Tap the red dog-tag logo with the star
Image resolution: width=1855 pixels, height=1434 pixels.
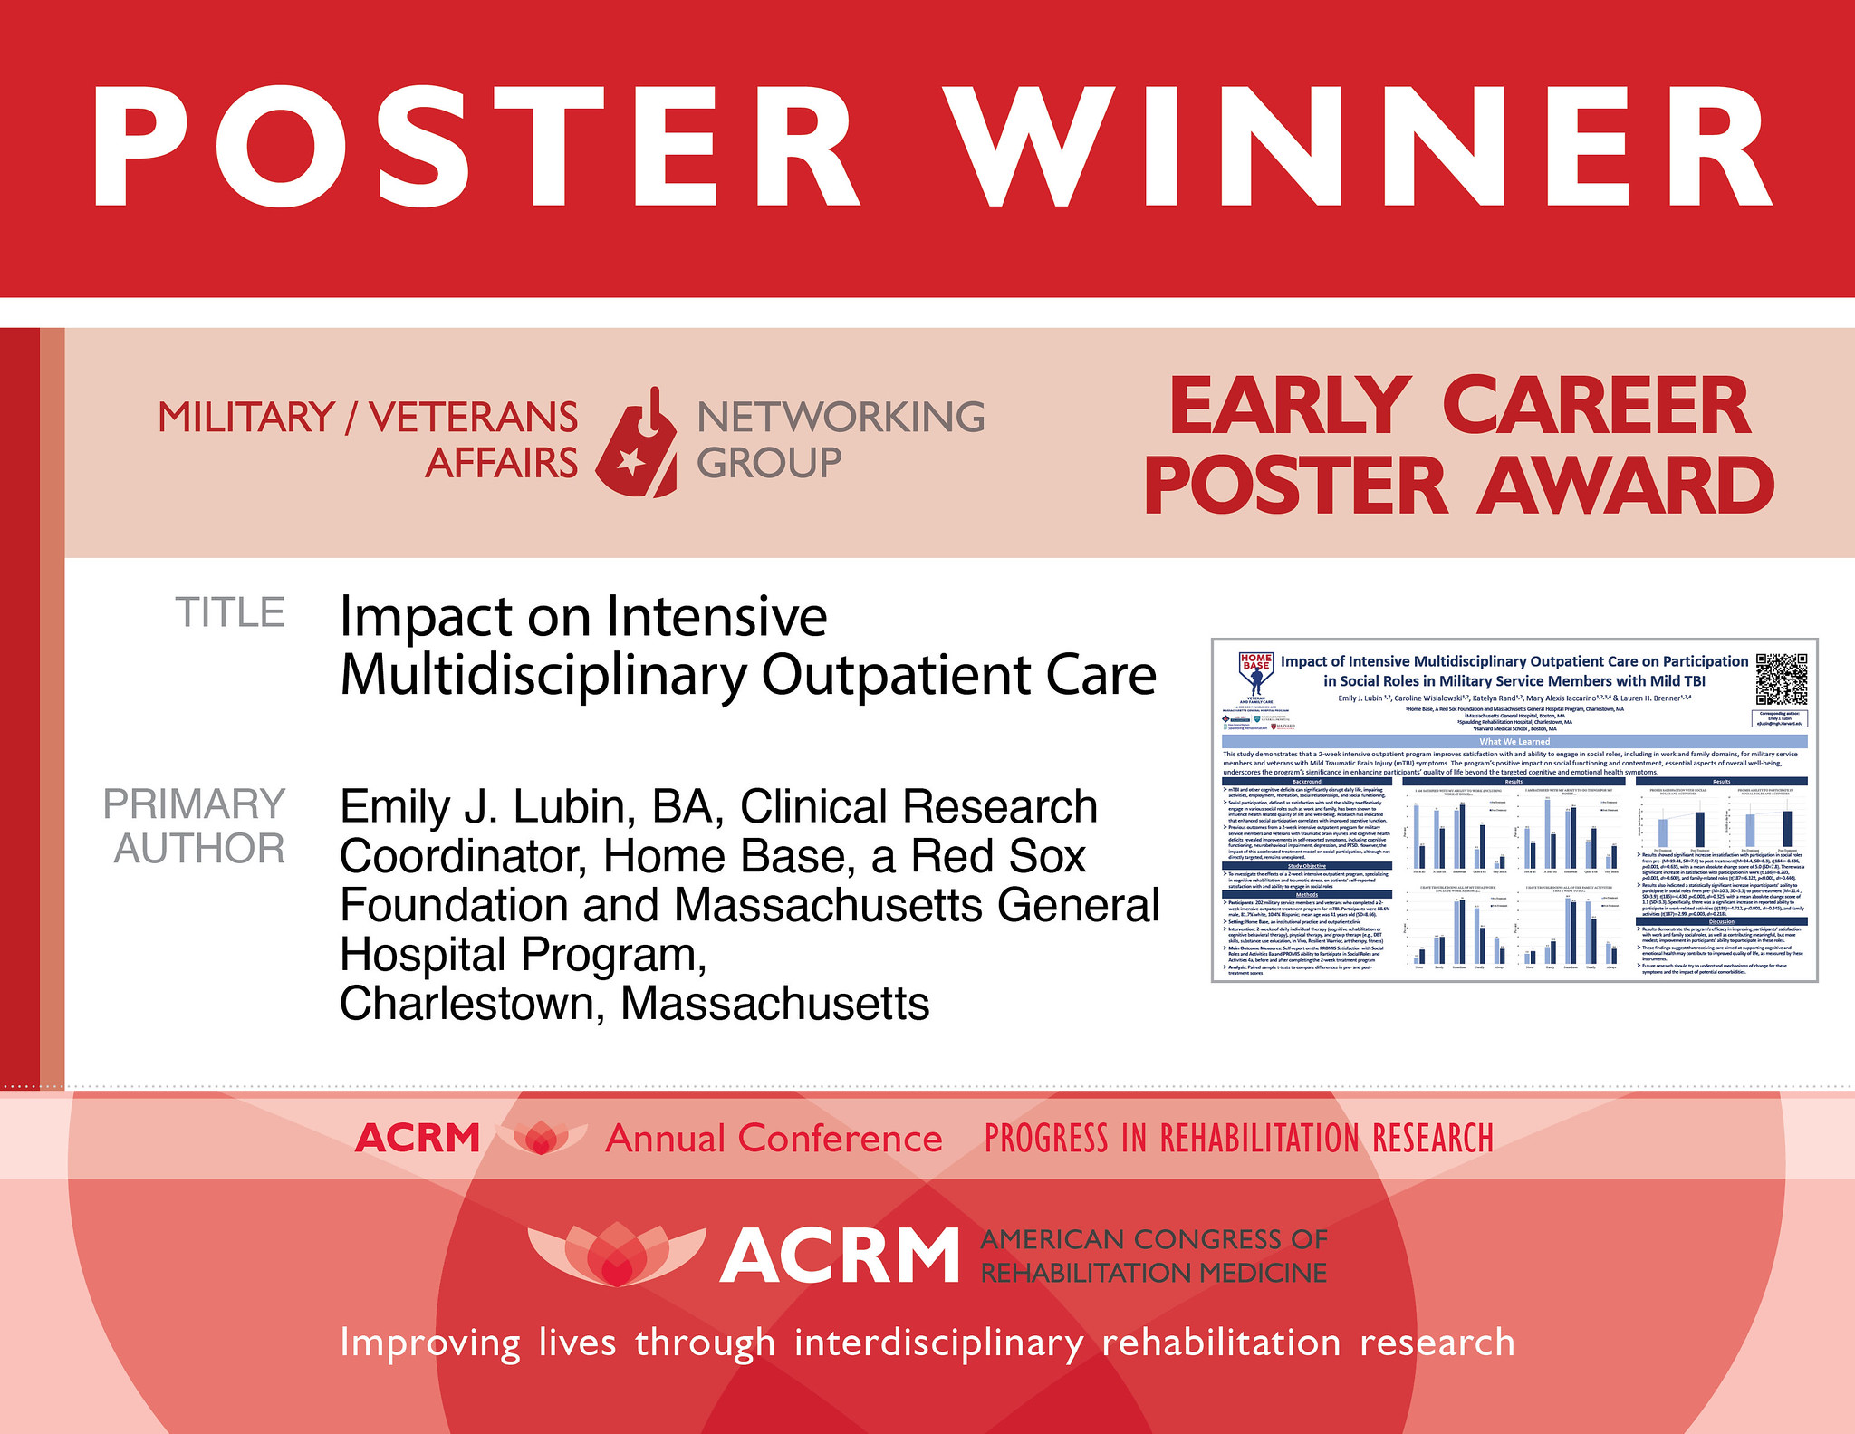(x=637, y=443)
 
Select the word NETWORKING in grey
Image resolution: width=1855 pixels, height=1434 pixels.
(x=841, y=418)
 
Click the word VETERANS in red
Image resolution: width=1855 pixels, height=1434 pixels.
(x=473, y=418)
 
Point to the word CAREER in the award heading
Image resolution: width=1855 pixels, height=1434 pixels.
(x=1596, y=407)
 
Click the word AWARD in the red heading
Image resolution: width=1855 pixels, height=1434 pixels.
(x=1625, y=486)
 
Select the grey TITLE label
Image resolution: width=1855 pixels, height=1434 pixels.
(x=230, y=613)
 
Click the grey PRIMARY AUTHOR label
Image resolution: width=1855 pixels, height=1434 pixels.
(x=197, y=826)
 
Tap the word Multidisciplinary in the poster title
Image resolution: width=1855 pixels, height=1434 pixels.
(x=543, y=676)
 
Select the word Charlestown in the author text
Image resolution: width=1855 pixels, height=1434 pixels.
(x=467, y=1004)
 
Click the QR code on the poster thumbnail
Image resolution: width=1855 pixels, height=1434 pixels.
(x=1781, y=679)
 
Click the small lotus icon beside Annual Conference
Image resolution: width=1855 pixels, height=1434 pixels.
(x=541, y=1138)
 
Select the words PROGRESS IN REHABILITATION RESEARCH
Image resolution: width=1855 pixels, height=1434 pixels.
(x=1238, y=1139)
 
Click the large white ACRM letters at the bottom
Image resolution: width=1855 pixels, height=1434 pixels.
(x=840, y=1256)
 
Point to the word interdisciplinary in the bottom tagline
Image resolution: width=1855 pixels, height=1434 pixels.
(x=938, y=1342)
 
